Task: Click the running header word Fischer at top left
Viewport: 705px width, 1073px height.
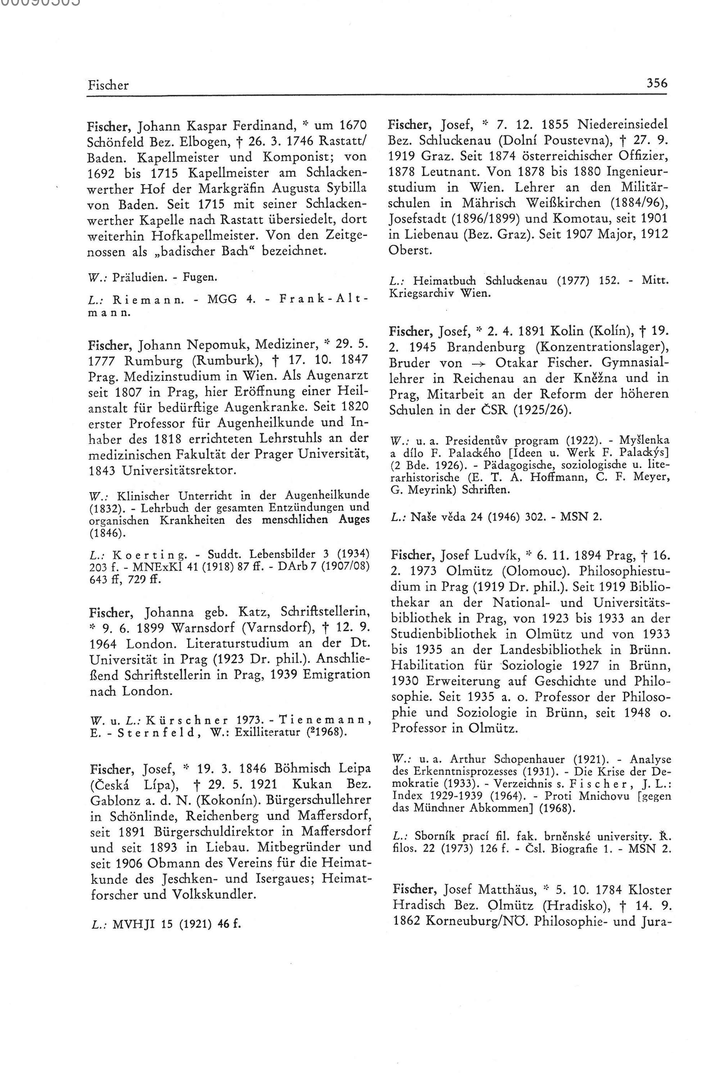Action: [x=108, y=85]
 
